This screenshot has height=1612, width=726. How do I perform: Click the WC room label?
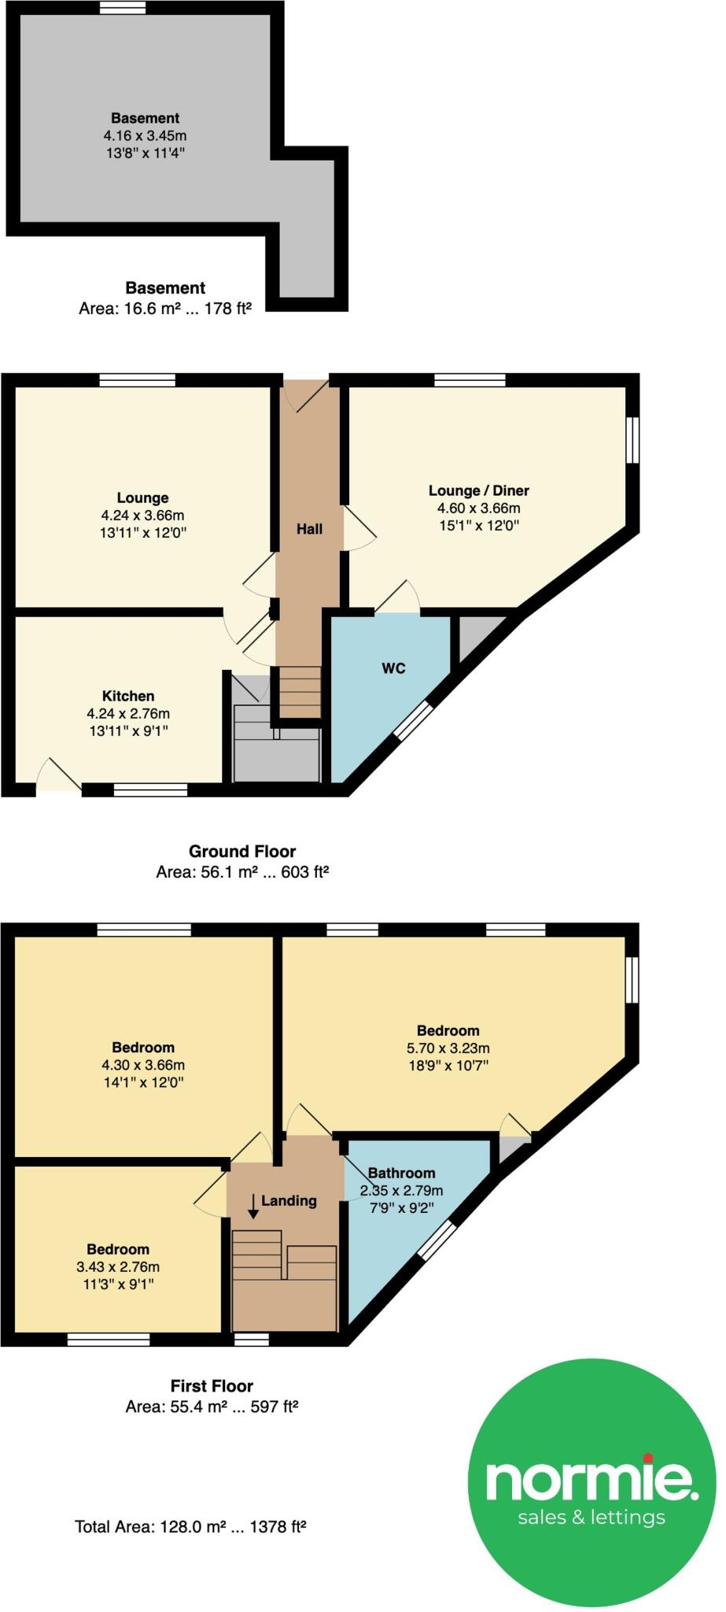click(x=393, y=668)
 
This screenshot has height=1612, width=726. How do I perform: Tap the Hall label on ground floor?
click(x=309, y=529)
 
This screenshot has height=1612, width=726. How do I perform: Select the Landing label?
click(x=289, y=1200)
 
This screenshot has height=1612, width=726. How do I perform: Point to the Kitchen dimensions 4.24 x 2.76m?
click(x=128, y=714)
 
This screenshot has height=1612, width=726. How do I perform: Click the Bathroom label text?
click(x=401, y=1173)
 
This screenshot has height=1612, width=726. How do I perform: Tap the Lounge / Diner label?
click(x=478, y=490)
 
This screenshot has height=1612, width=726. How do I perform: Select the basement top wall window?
click(x=123, y=8)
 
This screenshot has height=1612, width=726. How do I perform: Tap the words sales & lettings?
click(x=591, y=1517)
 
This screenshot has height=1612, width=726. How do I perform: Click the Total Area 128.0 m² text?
click(x=190, y=1527)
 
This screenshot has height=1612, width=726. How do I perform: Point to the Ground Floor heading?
click(x=241, y=851)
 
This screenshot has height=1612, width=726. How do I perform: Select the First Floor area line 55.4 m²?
click(x=212, y=1407)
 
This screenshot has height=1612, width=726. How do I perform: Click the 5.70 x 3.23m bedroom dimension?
click(x=448, y=1048)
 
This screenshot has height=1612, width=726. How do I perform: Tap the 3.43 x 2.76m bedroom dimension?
click(x=118, y=1266)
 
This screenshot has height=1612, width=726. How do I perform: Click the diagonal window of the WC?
click(x=413, y=720)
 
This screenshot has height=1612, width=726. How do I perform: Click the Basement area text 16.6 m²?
click(x=164, y=309)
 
